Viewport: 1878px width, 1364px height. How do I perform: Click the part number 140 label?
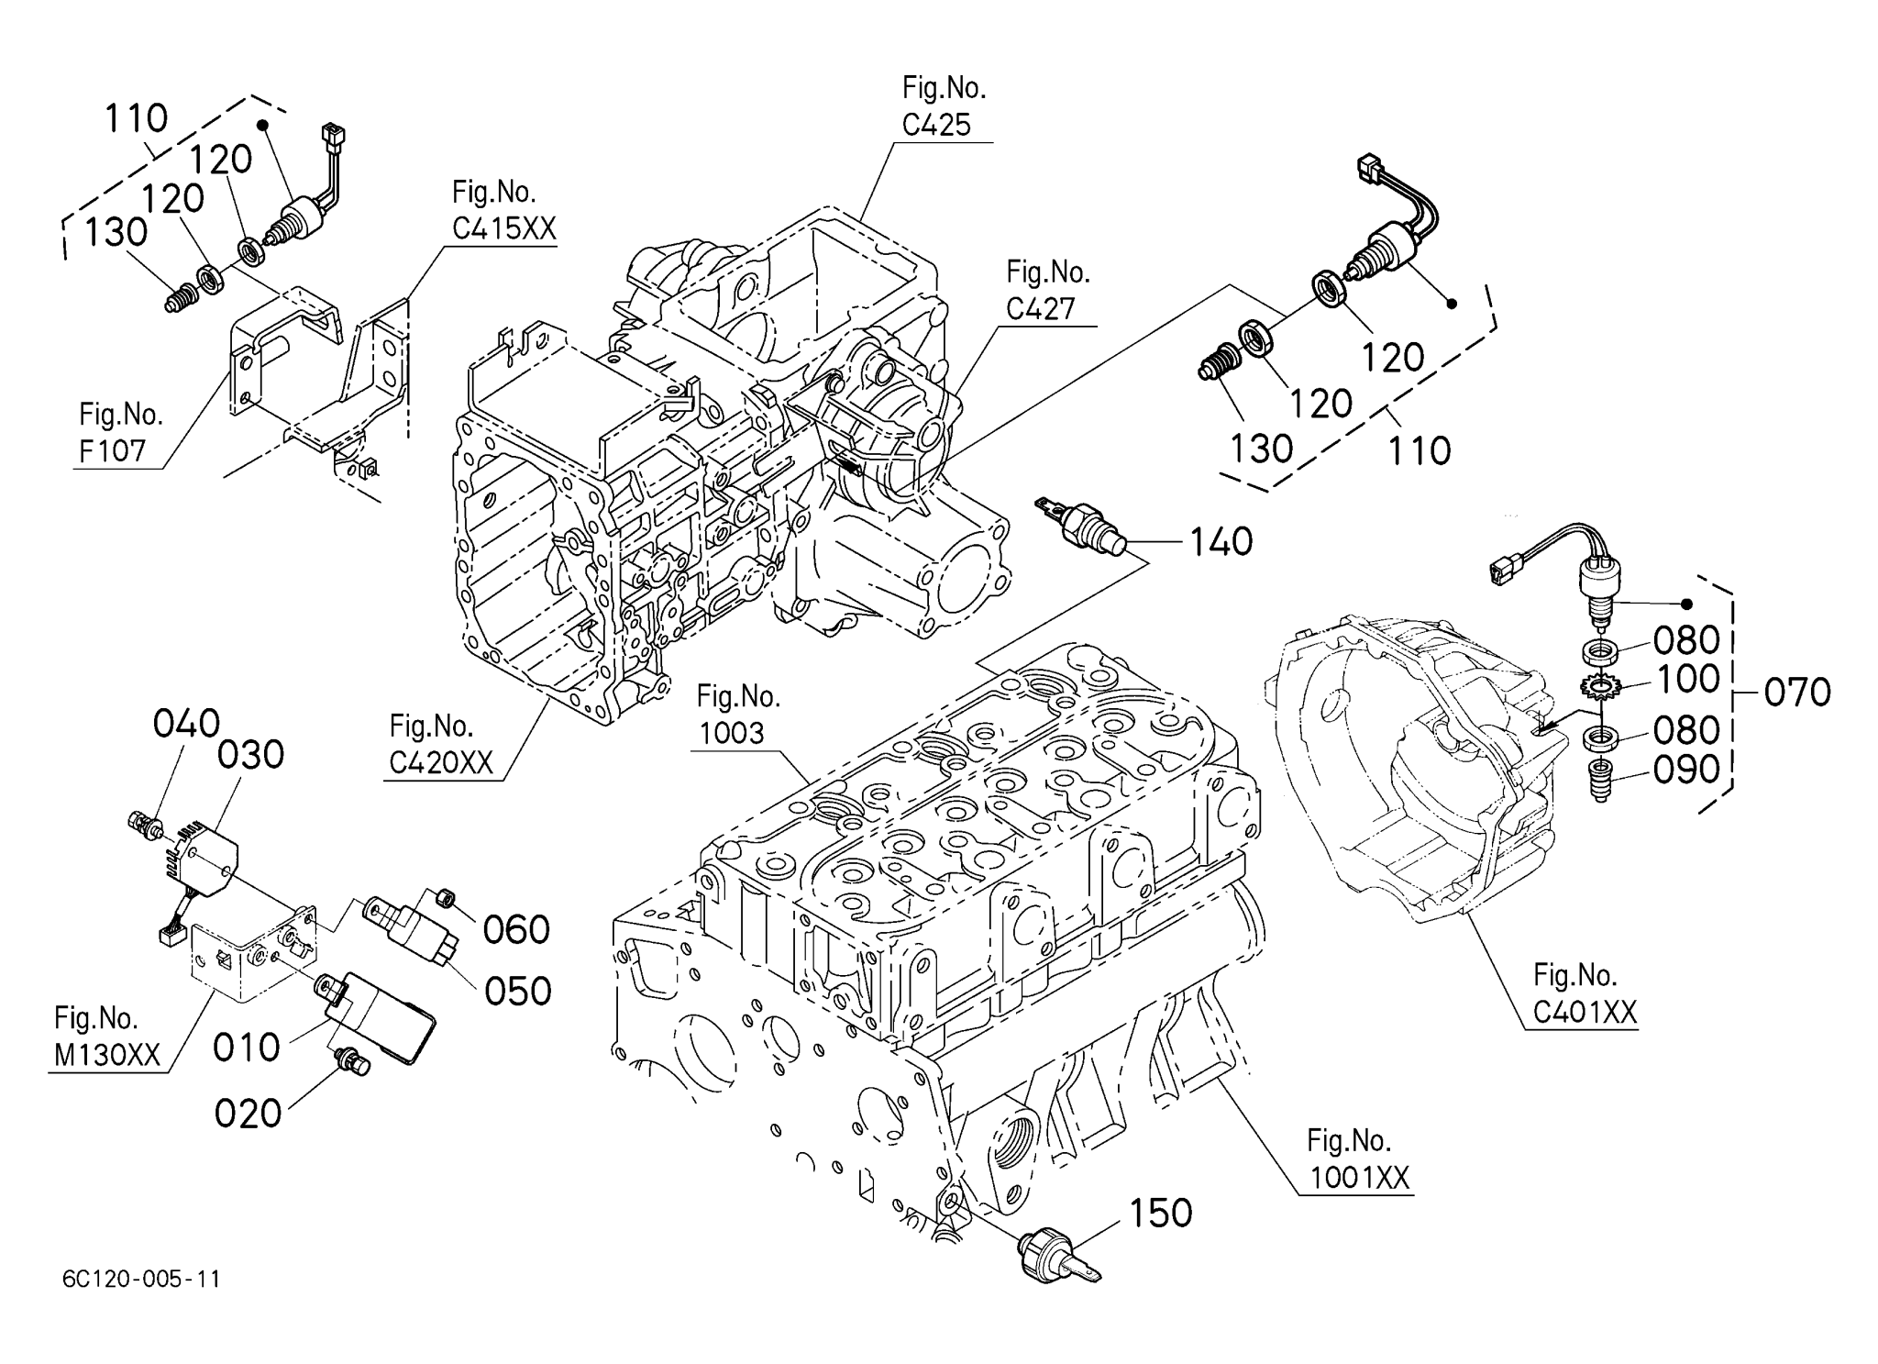(x=1221, y=542)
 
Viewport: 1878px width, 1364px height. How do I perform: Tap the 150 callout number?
(x=1160, y=1213)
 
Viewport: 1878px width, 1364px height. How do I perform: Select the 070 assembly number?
(x=1796, y=693)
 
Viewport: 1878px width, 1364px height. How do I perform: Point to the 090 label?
(x=1686, y=771)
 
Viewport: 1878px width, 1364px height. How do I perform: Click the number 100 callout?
(x=1686, y=680)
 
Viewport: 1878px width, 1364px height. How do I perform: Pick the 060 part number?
(x=516, y=930)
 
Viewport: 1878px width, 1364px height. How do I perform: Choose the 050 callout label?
(x=517, y=992)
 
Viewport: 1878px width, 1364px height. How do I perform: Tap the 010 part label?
(x=246, y=1047)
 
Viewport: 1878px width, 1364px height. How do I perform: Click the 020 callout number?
(x=248, y=1114)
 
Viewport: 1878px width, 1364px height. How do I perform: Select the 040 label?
(x=186, y=724)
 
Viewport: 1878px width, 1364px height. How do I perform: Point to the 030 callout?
(x=250, y=755)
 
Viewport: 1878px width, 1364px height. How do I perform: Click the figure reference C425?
(x=936, y=125)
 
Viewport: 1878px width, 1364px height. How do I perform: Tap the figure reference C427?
(x=1040, y=309)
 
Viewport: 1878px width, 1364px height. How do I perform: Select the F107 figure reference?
(x=113, y=451)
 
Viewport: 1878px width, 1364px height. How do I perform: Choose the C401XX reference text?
(x=1585, y=1012)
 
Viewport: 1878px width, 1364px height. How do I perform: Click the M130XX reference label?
(x=107, y=1056)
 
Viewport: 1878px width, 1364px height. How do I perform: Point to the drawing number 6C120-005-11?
(x=142, y=1279)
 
